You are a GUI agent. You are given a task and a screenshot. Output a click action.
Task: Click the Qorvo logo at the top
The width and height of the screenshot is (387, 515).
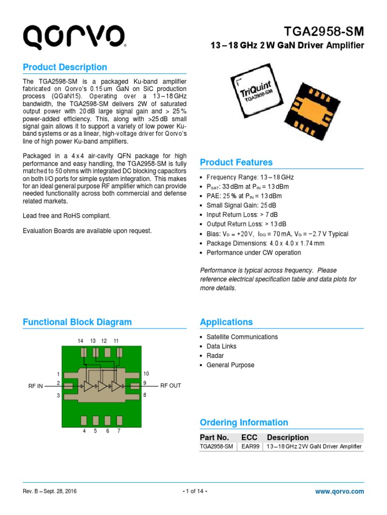tap(74, 37)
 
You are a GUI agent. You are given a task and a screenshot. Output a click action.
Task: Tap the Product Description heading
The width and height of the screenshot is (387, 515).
tap(65, 67)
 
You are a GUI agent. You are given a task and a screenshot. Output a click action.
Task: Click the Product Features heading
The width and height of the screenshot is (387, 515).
tap(236, 162)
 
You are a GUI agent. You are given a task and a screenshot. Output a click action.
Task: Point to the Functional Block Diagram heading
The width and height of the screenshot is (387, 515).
tap(77, 322)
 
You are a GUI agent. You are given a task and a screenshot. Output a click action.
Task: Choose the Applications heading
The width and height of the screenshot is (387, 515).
tap(226, 322)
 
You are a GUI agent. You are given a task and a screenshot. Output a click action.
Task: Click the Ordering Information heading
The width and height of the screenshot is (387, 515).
tap(244, 423)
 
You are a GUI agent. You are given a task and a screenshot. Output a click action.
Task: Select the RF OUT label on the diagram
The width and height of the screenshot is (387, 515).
tap(170, 386)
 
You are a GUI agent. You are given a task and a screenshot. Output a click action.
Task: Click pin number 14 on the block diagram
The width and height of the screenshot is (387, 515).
tap(81, 341)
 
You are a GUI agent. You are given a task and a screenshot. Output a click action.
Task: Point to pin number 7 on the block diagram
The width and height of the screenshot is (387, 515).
tap(118, 431)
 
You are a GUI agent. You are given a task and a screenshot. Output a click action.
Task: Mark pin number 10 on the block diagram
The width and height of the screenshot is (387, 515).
tap(146, 374)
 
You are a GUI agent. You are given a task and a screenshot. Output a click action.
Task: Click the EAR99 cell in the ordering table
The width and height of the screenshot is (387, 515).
tap(250, 447)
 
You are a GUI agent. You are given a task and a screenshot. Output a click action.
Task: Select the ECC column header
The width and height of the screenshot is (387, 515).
tap(249, 438)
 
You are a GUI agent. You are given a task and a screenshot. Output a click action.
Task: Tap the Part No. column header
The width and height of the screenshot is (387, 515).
tap(214, 438)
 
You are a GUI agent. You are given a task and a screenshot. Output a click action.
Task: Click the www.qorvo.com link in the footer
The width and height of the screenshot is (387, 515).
tap(339, 491)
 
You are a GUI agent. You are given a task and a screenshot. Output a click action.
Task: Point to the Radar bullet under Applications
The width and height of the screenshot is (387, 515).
tap(215, 356)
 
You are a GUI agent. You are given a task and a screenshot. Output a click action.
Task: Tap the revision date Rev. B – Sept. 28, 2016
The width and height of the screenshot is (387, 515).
tap(50, 491)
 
